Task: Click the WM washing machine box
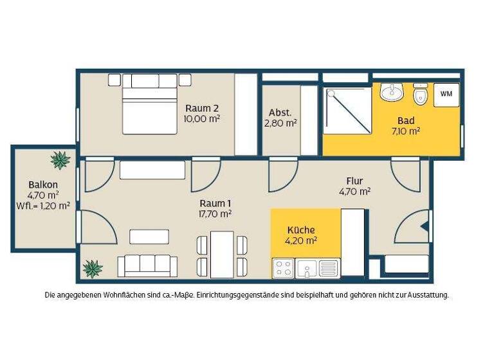point(446,94)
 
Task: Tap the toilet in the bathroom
point(421,95)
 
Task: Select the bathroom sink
point(391,93)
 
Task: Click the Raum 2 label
point(201,108)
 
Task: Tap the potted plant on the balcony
point(60,159)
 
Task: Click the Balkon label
point(43,184)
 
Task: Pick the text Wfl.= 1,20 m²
point(43,206)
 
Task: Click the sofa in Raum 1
point(147,265)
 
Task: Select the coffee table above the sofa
point(149,237)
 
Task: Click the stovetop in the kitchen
point(282,267)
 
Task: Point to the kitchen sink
point(306,267)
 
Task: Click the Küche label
point(300,230)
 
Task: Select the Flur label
point(354,181)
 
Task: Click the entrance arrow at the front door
point(423,226)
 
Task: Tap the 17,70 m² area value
point(215,213)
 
